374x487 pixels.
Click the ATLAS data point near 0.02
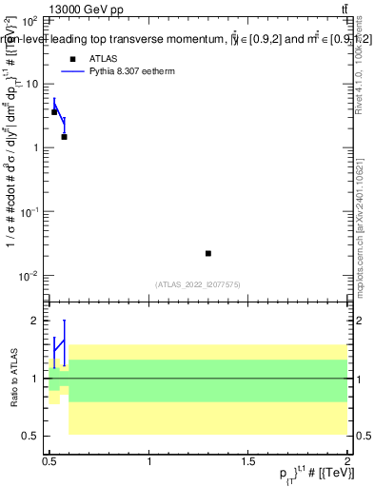[208, 253]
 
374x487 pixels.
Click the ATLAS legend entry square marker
[72, 59]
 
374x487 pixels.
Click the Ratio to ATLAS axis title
[13, 378]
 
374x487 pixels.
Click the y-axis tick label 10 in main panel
[32, 84]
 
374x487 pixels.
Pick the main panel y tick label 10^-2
[30, 276]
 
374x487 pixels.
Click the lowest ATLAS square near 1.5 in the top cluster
[64, 137]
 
